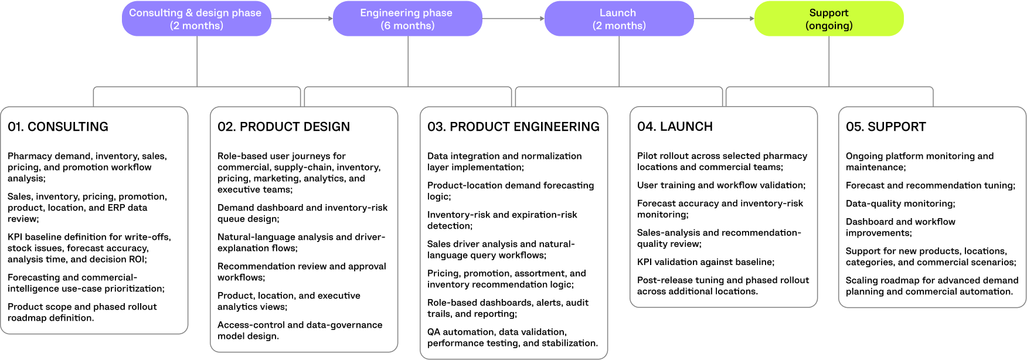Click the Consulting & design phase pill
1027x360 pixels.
pyautogui.click(x=196, y=19)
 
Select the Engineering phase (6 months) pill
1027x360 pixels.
pyautogui.click(x=407, y=19)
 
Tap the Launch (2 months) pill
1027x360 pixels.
pyautogui.click(x=619, y=19)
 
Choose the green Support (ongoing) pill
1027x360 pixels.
pyautogui.click(x=829, y=19)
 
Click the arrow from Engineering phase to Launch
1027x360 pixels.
pyautogui.click(x=513, y=19)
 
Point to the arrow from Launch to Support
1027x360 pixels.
pyautogui.click(x=724, y=19)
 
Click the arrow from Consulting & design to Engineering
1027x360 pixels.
pyautogui.click(x=302, y=19)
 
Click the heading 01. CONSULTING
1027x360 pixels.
pyautogui.click(x=58, y=127)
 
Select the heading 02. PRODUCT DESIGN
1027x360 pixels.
pyautogui.click(x=284, y=127)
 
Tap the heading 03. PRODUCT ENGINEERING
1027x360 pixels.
pyautogui.click(x=513, y=127)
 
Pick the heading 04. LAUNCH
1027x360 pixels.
pyautogui.click(x=675, y=127)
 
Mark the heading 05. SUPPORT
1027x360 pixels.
pyautogui.click(x=886, y=127)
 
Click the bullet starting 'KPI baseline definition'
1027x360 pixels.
pyautogui.click(x=89, y=248)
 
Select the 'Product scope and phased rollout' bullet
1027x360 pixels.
pyautogui.click(x=82, y=313)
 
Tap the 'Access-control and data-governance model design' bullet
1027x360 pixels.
pyautogui.click(x=300, y=331)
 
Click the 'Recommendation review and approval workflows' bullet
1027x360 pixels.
pyautogui.click(x=302, y=272)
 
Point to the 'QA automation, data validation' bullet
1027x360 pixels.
pyautogui.click(x=513, y=338)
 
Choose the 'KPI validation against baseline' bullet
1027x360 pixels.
pyautogui.click(x=706, y=262)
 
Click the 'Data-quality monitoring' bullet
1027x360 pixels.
pyautogui.click(x=900, y=203)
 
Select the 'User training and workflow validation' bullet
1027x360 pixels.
pyautogui.click(x=722, y=185)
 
